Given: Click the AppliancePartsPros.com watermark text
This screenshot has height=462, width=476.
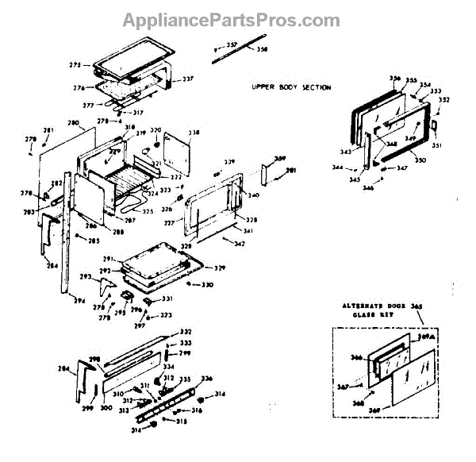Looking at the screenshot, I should [x=238, y=19].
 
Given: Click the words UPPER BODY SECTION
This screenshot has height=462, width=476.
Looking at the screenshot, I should [x=292, y=87].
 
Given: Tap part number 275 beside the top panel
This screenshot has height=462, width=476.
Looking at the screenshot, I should [x=75, y=64].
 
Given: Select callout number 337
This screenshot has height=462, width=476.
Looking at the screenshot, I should [x=188, y=79].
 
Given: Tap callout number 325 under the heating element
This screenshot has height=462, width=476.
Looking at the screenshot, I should [x=148, y=211].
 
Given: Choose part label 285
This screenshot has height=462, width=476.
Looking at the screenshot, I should [x=94, y=241].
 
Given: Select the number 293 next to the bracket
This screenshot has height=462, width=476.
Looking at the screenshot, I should [x=84, y=276].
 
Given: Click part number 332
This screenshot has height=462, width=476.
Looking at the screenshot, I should [x=186, y=331].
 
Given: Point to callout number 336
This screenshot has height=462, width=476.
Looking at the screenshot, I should [x=207, y=378].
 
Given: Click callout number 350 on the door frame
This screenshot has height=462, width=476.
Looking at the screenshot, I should [x=420, y=160].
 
